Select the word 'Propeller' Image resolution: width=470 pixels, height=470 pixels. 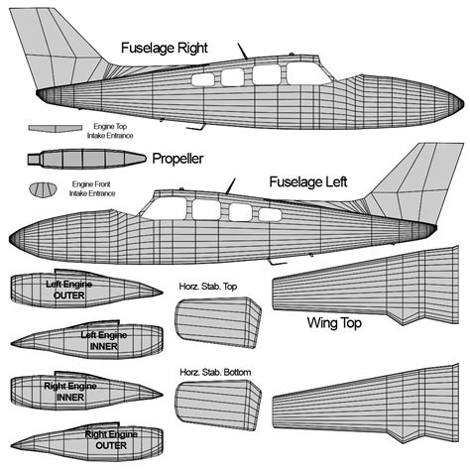tap(179, 159)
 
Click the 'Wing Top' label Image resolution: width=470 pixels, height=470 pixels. tap(333, 323)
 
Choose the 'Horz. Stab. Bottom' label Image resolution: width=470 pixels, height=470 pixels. tap(215, 373)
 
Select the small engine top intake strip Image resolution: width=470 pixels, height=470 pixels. tap(54, 129)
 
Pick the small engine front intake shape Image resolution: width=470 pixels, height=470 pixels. tap(43, 188)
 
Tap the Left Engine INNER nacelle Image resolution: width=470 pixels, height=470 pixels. tap(89, 341)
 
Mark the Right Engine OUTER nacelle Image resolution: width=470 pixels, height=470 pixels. tap(94, 437)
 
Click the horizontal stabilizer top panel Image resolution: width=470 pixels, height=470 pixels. tap(218, 321)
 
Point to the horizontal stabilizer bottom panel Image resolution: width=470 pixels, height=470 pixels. tap(218, 408)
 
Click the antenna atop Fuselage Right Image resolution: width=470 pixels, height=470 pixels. tap(240, 50)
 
